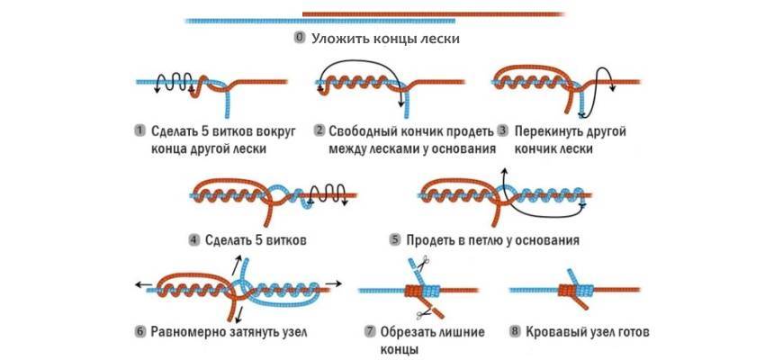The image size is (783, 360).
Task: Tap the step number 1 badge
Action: point(140,130)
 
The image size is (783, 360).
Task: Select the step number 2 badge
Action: point(319,130)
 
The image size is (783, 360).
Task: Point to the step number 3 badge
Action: point(502,130)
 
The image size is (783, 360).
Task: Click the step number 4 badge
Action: point(193,240)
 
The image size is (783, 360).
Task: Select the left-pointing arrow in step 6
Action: point(142,283)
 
